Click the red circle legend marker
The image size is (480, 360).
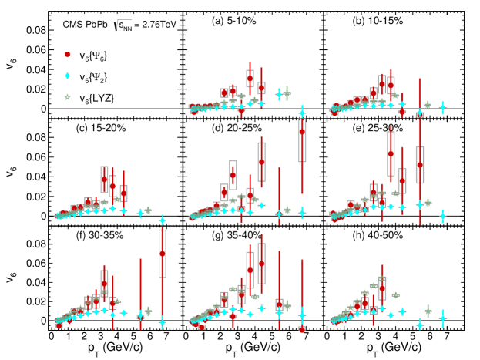pyautogui.click(x=68, y=55)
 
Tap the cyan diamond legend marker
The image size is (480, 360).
pyautogui.click(x=68, y=76)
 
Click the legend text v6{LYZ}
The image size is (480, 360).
pyautogui.click(x=103, y=97)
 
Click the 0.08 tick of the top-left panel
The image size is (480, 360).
pyautogui.click(x=36, y=31)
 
